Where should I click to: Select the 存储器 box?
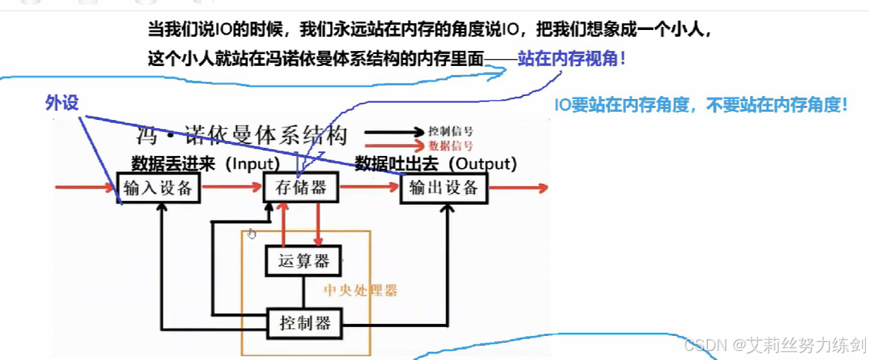coord(301,187)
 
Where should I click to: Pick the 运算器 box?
coord(303,262)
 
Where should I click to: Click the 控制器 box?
coord(305,324)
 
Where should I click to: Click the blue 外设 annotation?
coord(62,103)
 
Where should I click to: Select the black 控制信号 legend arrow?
coord(394,132)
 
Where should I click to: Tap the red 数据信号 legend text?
coord(451,145)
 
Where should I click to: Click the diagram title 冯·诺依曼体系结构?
coord(242,136)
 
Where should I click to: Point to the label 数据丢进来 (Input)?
coord(205,163)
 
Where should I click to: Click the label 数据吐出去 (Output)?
coord(436,163)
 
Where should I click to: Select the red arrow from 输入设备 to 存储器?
coord(232,187)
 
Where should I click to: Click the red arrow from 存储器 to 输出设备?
coord(370,187)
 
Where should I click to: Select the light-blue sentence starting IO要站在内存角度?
coord(701,105)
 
